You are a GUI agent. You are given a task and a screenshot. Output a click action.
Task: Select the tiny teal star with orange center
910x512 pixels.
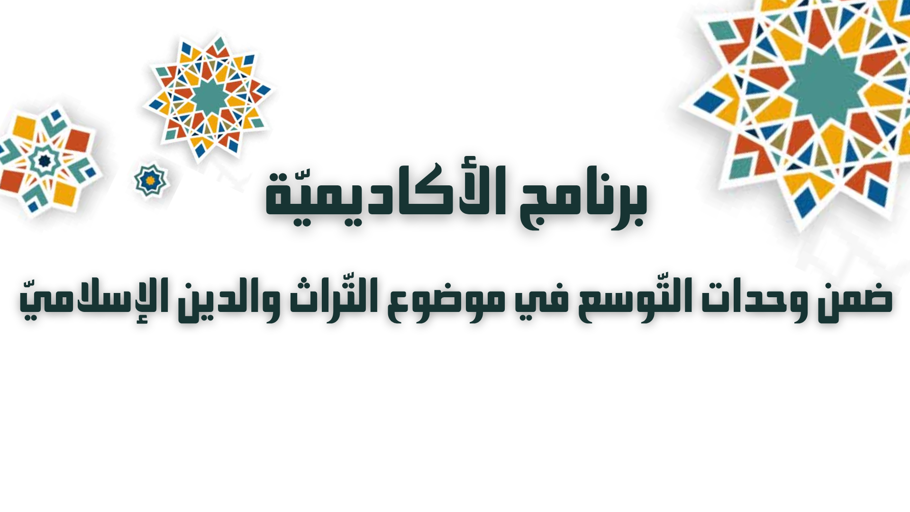[151, 181]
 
